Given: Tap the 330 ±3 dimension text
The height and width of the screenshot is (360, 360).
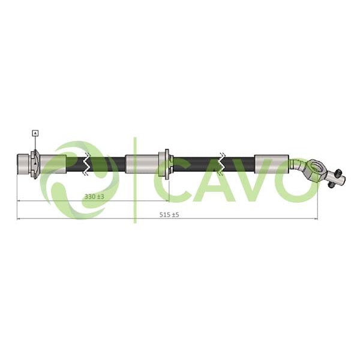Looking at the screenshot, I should tap(94, 196).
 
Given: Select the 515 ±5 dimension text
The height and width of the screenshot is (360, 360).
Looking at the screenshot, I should tap(170, 214).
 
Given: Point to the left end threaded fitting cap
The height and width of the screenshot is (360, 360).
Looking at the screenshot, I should tap(24, 162).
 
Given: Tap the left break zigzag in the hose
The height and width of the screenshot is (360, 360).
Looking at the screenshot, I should tap(88, 163).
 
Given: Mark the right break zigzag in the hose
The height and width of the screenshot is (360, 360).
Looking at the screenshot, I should tap(223, 163).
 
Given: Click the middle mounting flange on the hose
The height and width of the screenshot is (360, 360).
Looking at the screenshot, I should tap(164, 163).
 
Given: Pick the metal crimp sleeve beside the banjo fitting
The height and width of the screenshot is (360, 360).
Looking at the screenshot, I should tap(271, 163).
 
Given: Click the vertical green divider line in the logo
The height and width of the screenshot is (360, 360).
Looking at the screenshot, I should tap(135, 180).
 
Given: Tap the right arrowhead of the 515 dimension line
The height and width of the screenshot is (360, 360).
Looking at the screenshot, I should tap(316, 218).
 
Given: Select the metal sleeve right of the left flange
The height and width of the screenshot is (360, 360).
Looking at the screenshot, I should tap(53, 163).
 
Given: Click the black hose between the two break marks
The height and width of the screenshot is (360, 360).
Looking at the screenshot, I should tap(114, 163).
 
